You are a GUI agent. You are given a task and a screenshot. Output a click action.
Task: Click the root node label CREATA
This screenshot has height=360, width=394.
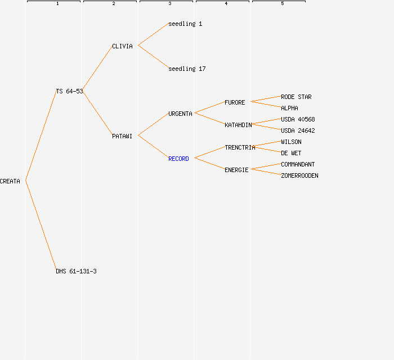click(10, 181)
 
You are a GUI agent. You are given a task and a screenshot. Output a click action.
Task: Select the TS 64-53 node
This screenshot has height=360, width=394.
click(69, 91)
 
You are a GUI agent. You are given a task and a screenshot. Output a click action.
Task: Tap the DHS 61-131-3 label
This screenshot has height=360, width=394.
click(76, 271)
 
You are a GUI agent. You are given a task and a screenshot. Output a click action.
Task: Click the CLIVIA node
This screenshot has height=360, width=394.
click(122, 47)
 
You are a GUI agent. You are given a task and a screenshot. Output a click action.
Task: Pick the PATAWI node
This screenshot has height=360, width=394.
click(122, 136)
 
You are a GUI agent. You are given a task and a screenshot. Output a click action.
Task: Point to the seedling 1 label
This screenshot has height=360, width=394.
click(185, 24)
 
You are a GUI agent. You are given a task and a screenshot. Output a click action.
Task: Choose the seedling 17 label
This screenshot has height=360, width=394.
click(187, 69)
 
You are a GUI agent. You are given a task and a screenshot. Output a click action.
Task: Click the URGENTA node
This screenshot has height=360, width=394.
click(180, 114)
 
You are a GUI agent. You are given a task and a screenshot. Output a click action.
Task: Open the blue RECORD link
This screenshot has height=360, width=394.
click(178, 159)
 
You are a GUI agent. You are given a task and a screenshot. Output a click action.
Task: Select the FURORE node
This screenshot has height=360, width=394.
click(235, 103)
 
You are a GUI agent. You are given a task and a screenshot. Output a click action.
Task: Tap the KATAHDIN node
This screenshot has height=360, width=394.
click(238, 125)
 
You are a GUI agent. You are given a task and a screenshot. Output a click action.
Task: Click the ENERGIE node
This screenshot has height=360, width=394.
click(236, 170)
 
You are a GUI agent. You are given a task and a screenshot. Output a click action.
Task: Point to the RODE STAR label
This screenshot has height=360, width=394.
click(296, 97)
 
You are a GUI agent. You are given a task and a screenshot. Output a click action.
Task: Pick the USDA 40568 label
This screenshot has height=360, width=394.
click(298, 119)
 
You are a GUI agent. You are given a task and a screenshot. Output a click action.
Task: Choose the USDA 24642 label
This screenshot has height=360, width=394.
click(298, 131)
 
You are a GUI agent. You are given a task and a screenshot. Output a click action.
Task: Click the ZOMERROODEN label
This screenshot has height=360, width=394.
click(299, 175)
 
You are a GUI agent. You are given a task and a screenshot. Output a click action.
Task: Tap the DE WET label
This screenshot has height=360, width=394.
click(291, 153)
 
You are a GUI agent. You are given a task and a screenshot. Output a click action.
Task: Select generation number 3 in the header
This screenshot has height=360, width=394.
click(170, 3)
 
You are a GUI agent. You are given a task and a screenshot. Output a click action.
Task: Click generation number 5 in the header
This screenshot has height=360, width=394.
click(283, 3)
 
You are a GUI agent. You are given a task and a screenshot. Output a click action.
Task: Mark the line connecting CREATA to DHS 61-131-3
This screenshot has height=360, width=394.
click(41, 225)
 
